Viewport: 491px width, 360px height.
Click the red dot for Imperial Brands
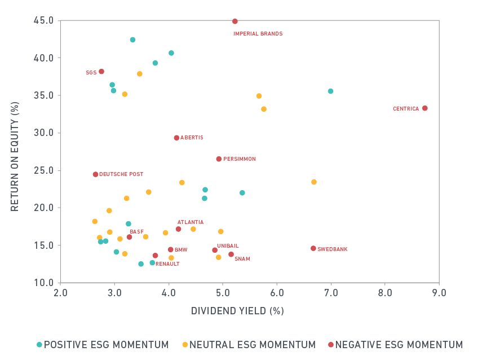coord(235,21)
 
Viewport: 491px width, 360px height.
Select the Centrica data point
coord(424,108)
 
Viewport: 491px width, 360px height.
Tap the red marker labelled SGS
coord(101,72)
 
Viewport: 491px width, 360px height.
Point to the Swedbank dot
coord(313,248)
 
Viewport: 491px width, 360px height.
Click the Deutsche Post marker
coord(95,174)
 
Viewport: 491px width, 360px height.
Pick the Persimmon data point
coord(219,159)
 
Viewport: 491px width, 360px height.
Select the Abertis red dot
coord(176,138)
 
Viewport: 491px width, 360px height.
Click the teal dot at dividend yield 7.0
coord(330,91)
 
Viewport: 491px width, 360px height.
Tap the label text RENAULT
coord(167,264)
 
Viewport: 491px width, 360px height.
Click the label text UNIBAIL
coord(228,246)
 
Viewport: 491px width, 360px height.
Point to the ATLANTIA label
coord(191,222)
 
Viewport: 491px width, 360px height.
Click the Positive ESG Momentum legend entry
coord(103,345)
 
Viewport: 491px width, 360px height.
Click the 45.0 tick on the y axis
coord(44,21)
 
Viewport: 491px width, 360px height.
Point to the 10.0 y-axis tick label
coord(44,283)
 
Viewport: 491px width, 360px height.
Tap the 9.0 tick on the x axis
coord(439,293)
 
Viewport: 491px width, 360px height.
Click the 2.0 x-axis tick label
coord(60,293)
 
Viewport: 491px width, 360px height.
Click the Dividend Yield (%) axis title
coord(237,311)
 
